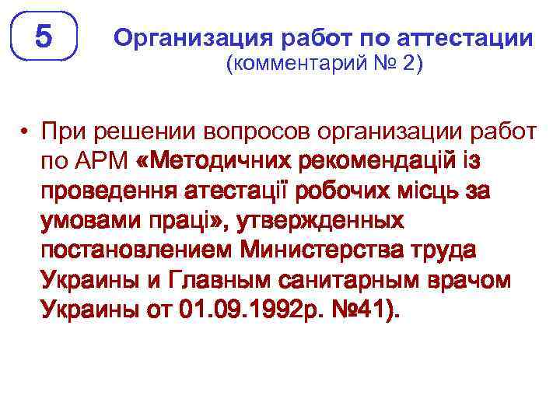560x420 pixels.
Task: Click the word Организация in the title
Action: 190,38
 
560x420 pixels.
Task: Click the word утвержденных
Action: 326,222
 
